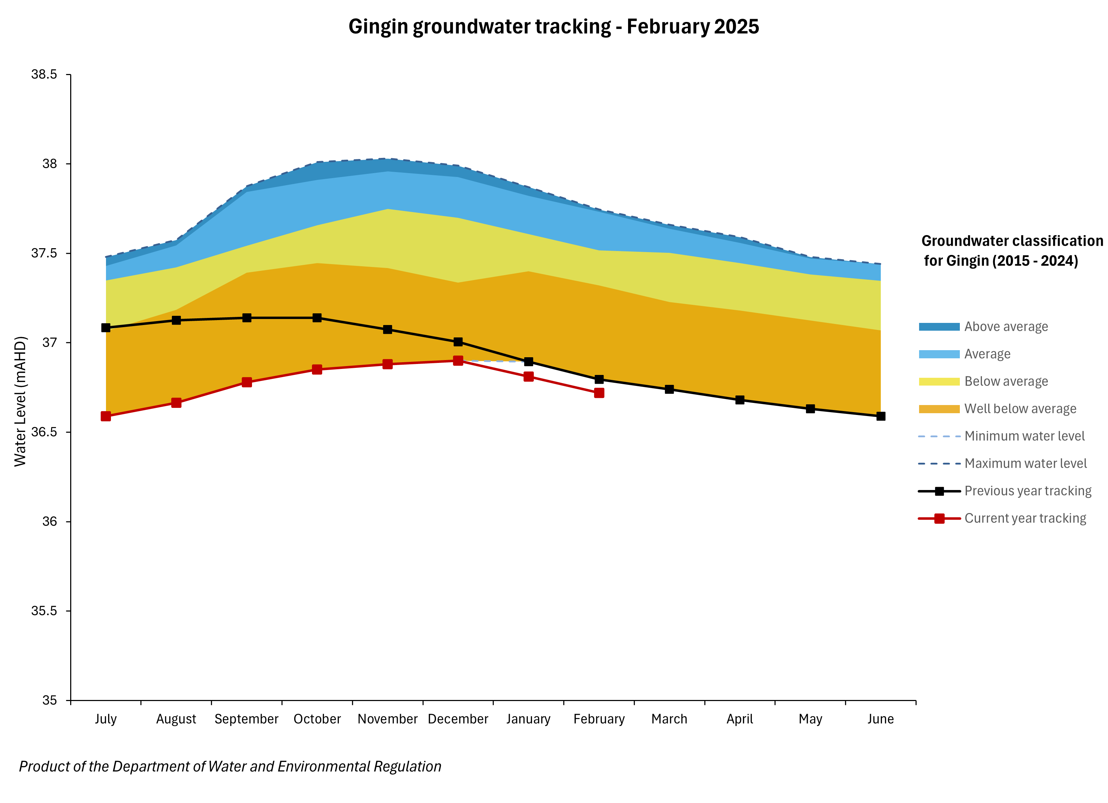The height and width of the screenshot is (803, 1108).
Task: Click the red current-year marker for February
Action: (x=599, y=393)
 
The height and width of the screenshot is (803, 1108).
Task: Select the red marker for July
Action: (x=106, y=416)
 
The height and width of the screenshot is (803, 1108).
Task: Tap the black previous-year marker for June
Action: (x=881, y=416)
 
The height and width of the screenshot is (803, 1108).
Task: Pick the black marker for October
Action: (x=317, y=318)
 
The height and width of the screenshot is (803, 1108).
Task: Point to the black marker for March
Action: (x=669, y=389)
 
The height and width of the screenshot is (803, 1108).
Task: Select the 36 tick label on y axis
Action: (x=49, y=521)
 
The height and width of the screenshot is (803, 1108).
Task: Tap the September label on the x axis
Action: (x=246, y=719)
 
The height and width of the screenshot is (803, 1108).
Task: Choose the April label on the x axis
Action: (x=740, y=719)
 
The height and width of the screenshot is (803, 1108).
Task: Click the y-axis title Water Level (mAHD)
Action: (x=20, y=401)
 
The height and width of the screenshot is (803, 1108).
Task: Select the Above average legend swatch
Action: (x=939, y=326)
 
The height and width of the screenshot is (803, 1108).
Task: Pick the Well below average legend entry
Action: (x=1020, y=409)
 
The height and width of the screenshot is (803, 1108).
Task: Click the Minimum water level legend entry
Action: (x=1024, y=436)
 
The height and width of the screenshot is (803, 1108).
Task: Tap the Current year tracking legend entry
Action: (x=1025, y=518)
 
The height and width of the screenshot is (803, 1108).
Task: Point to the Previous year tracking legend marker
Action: (x=939, y=491)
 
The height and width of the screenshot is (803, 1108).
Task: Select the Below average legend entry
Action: (x=1006, y=381)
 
